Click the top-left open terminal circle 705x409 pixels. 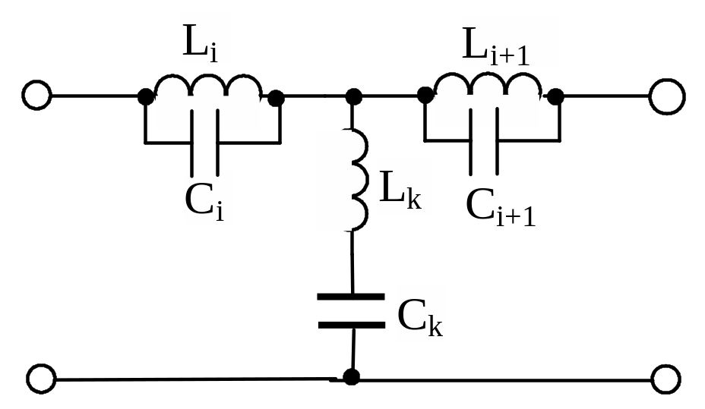click(x=36, y=96)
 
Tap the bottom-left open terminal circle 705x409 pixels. click(x=41, y=378)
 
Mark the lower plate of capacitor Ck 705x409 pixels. click(x=351, y=325)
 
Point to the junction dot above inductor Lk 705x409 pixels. click(x=353, y=96)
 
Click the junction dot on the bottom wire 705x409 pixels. click(x=352, y=376)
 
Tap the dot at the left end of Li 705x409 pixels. click(x=144, y=96)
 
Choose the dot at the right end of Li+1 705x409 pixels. click(x=556, y=96)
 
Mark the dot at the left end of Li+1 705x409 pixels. click(x=425, y=96)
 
